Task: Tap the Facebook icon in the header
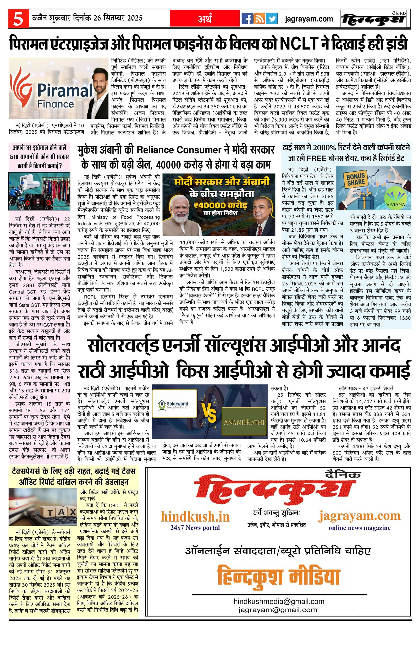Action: [x=247, y=19]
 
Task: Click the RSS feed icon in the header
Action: [x=259, y=19]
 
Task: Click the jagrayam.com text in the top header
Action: [x=309, y=19]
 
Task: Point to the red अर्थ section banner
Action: [x=205, y=19]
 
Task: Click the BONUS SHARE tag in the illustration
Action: [x=356, y=179]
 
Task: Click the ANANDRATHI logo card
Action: [x=244, y=422]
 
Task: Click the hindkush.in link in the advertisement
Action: [x=195, y=517]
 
